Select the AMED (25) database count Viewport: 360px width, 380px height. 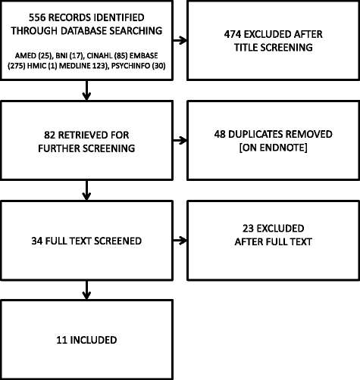(x=30, y=55)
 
